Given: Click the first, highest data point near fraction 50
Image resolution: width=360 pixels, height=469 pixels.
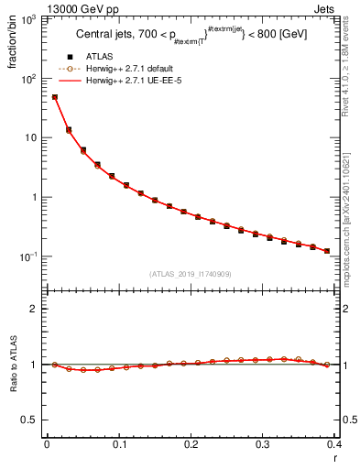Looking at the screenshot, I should pos(54,97).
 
